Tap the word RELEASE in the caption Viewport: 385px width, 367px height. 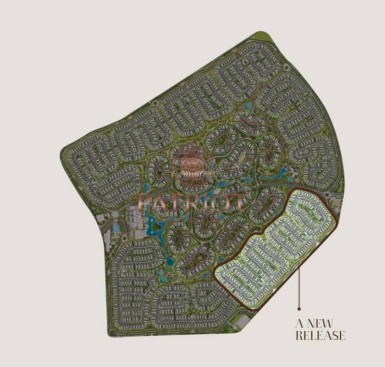click(x=320, y=335)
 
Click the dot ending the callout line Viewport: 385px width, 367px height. click(x=299, y=308)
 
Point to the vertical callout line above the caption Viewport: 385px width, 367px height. click(x=299, y=284)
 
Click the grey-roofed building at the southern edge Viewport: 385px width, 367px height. click(x=243, y=321)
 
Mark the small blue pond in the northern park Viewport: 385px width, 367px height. click(x=248, y=106)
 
